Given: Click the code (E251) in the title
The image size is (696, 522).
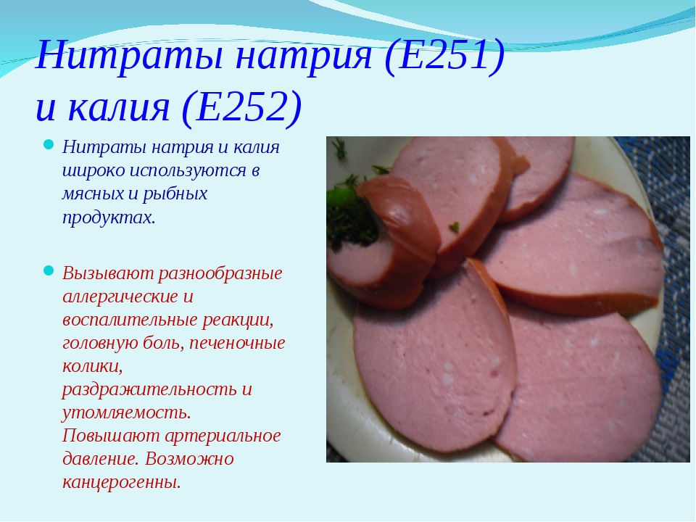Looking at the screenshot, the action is pyautogui.click(x=444, y=57).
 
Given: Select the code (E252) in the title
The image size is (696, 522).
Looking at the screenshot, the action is pyautogui.click(x=242, y=107).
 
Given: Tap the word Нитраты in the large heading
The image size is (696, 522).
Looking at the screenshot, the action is pyautogui.click(x=129, y=57).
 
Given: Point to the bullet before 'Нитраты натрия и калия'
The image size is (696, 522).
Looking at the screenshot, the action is pyautogui.click(x=49, y=145).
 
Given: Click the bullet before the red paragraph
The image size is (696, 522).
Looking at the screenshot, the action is pyautogui.click(x=49, y=270).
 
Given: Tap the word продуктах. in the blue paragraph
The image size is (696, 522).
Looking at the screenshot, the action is pyautogui.click(x=109, y=218).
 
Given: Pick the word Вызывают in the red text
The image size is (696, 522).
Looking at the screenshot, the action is pyautogui.click(x=108, y=273).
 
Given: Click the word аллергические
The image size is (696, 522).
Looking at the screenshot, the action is pyautogui.click(x=120, y=297).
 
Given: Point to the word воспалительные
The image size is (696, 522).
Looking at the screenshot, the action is pyautogui.click(x=130, y=320).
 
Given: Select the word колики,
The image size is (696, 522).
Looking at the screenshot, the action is pyautogui.click(x=92, y=367).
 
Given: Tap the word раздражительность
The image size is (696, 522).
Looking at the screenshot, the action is pyautogui.click(x=149, y=390).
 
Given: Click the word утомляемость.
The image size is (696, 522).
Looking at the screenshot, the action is pyautogui.click(x=126, y=413).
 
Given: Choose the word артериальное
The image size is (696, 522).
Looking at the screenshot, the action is pyautogui.click(x=223, y=436).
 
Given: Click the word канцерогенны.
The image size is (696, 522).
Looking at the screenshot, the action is pyautogui.click(x=122, y=483).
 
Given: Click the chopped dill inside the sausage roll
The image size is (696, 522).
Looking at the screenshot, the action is pyautogui.click(x=351, y=217).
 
